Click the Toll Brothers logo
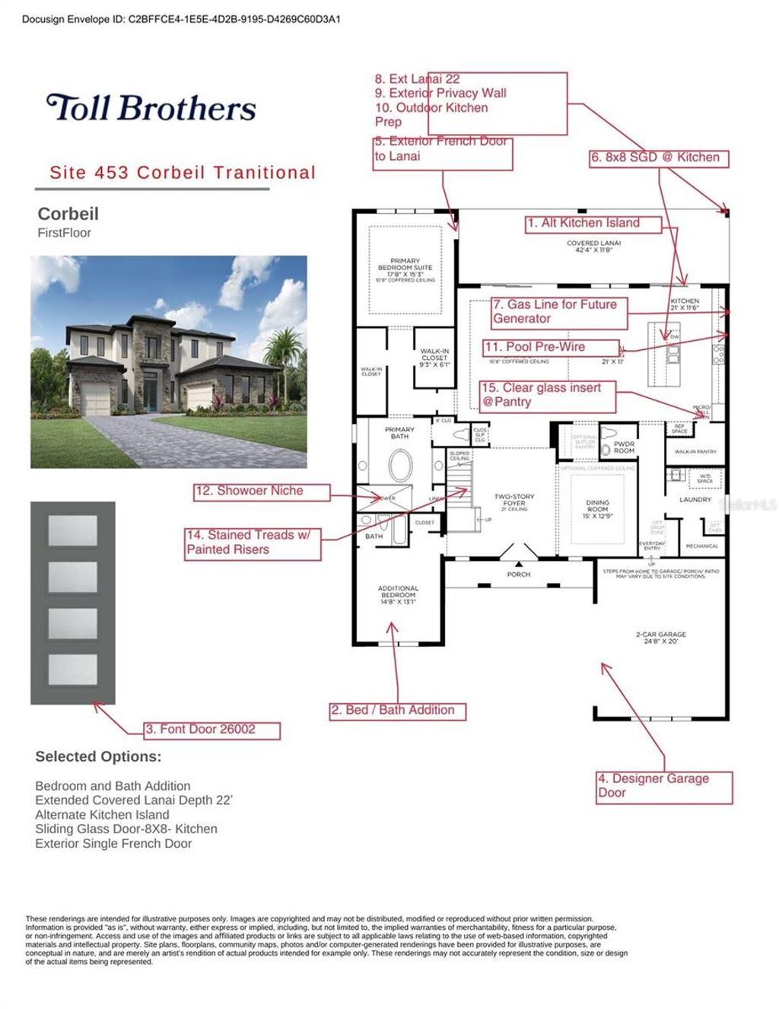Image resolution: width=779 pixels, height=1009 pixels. point(151,108)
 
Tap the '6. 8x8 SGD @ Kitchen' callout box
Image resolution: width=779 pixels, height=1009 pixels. point(659,158)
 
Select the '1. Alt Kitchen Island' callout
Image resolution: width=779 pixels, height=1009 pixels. point(593,224)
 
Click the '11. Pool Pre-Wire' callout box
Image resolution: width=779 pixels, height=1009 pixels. point(551,347)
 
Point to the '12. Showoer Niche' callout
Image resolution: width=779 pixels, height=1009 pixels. point(262,492)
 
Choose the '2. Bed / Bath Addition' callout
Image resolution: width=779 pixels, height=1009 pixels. point(397,711)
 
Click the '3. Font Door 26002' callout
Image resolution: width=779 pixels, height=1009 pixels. point(212,730)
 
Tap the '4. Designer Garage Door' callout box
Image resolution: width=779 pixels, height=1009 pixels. point(663,787)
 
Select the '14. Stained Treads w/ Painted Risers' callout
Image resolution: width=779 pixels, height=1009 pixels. point(253,543)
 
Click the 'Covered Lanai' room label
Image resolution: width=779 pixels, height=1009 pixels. point(593,247)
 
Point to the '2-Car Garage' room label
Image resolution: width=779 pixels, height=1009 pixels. point(660,638)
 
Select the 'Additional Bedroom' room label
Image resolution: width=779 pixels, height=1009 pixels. point(398,594)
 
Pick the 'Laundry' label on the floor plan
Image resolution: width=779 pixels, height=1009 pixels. point(695,500)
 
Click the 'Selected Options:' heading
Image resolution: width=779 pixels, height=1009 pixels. point(98,757)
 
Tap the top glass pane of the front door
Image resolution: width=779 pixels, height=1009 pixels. point(72,530)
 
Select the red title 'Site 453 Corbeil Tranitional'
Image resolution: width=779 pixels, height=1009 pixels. point(182,173)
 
